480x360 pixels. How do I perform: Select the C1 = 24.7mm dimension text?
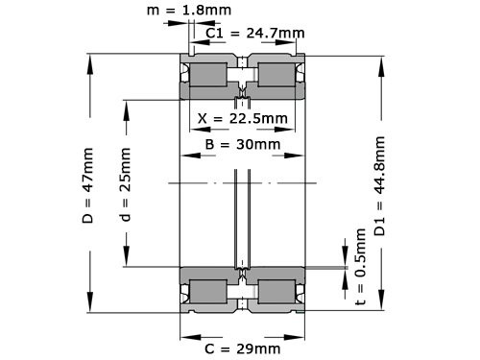pos(255,33)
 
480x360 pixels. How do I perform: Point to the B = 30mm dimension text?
pos(244,145)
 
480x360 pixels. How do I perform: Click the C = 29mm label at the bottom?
pos(244,348)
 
